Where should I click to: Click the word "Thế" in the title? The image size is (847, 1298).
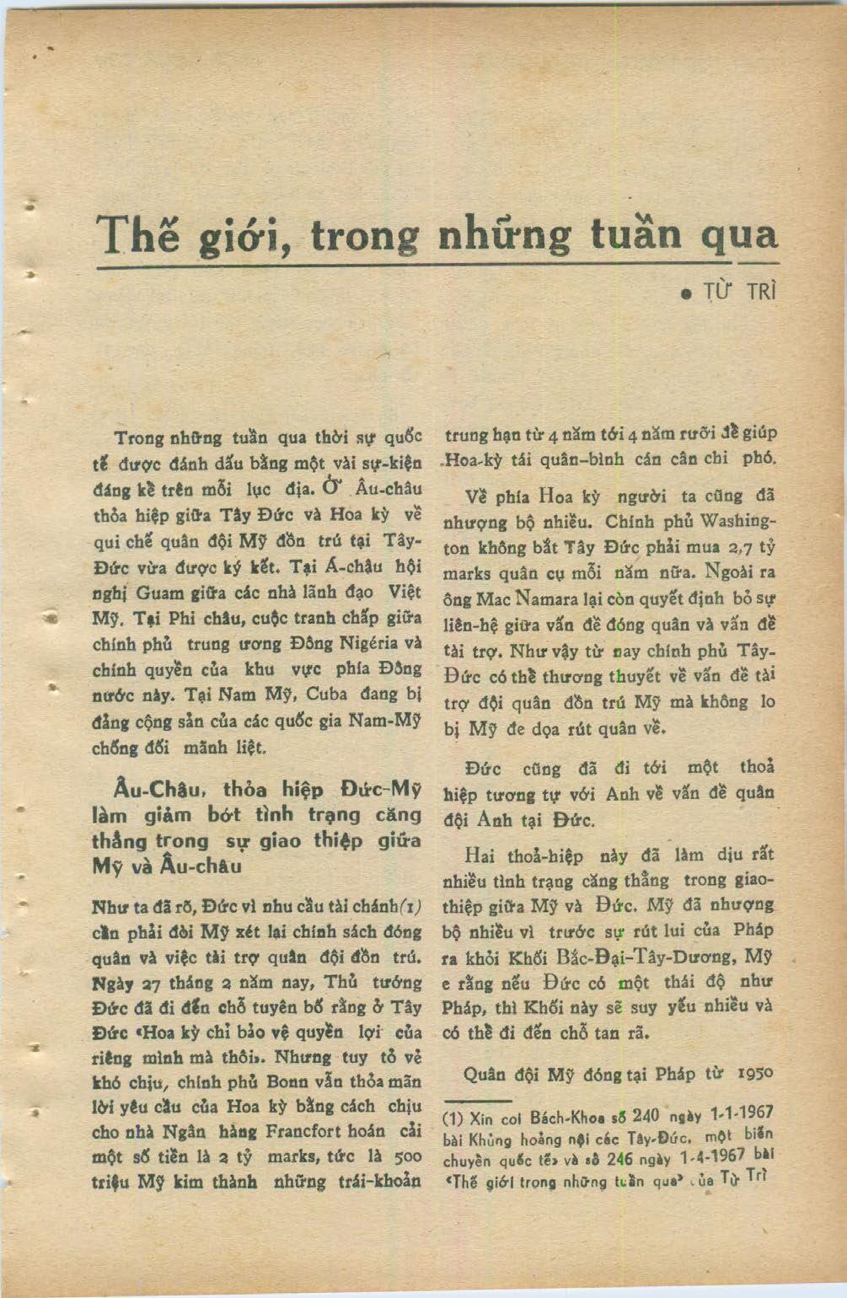(138, 233)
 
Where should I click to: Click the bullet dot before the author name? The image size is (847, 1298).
(687, 295)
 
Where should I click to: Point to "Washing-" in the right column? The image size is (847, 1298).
(738, 520)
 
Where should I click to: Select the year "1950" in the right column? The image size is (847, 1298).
(756, 1073)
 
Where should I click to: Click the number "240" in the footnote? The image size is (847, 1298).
(646, 1115)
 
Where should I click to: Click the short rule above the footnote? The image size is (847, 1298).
(478, 1100)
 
